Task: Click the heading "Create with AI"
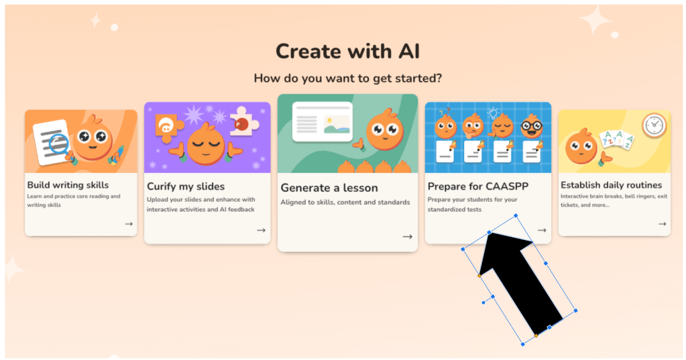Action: click(348, 51)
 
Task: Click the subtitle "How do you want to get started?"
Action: click(348, 78)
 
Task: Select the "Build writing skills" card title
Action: click(68, 185)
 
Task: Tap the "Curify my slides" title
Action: click(186, 186)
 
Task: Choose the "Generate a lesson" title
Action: click(329, 188)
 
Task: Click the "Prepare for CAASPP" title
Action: click(477, 186)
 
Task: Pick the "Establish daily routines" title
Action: click(611, 185)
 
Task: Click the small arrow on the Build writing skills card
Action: click(129, 224)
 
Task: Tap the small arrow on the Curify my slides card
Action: click(261, 230)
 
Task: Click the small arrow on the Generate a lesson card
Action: click(407, 237)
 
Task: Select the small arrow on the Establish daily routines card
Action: click(663, 224)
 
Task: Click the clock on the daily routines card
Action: click(654, 125)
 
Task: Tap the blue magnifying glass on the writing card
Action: click(60, 144)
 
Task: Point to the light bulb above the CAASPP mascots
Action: click(493, 113)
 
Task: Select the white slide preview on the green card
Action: click(323, 121)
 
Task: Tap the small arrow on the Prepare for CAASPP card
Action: click(542, 230)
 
